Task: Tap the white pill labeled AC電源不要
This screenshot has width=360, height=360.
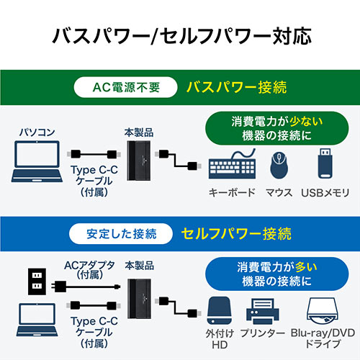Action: coord(125,89)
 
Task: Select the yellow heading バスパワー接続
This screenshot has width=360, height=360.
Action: coord(237,88)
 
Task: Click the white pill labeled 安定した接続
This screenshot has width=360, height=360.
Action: coord(118,233)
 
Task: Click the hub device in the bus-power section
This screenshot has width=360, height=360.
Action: coord(139,161)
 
